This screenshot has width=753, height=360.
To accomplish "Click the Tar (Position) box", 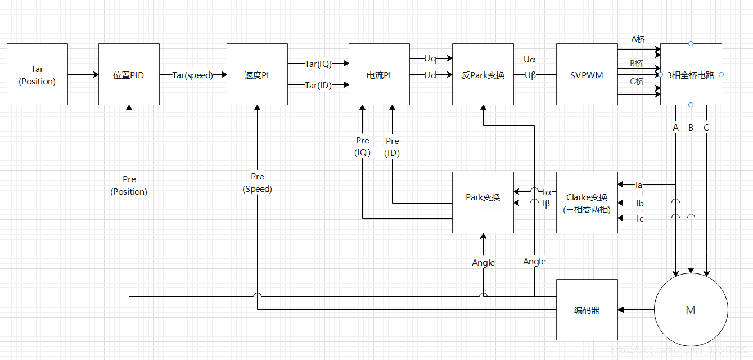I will pos(37,75).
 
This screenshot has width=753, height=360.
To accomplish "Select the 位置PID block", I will pos(129,75).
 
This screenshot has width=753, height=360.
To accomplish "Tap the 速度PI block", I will pos(257,75).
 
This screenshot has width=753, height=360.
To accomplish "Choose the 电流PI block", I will pos(379,75).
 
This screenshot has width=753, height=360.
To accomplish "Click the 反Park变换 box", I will pos(483,75).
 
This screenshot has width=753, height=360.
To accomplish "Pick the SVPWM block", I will pos(587,75).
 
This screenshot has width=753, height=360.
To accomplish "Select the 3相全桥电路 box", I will pos(691,75).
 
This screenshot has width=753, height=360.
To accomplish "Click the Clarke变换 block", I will pos(587,203).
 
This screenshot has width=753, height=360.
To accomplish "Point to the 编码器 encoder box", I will pos(587,310).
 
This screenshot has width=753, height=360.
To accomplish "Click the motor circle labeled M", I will pos(691,310).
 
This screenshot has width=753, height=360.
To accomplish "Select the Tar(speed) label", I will pos(193,75).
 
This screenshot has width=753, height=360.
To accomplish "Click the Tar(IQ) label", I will pos(318,64).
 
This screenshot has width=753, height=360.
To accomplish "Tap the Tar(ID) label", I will pos(318,85).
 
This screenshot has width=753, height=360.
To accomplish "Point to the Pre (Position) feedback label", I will pos(129,186).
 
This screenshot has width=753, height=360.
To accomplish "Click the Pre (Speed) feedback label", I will pos(257,183).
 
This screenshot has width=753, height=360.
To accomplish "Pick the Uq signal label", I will pos(430,58).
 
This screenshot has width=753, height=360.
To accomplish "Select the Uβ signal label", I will pos(530,75).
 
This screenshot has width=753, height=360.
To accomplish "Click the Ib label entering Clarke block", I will pos(639,203).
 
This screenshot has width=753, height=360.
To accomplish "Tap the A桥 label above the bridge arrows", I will pos(638,39).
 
